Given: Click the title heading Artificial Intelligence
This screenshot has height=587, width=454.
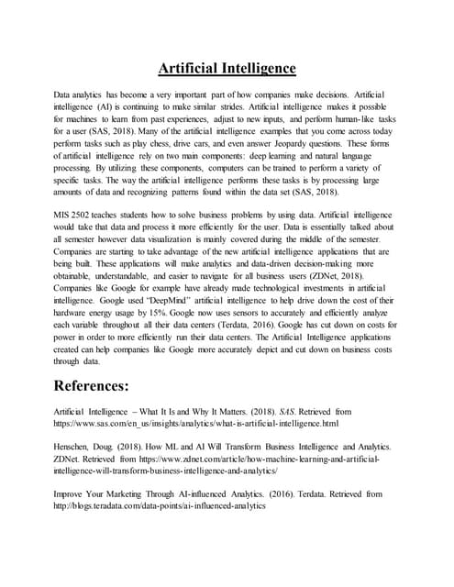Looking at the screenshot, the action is (x=227, y=68).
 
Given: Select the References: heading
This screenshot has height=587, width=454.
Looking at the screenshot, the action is (x=105, y=383).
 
